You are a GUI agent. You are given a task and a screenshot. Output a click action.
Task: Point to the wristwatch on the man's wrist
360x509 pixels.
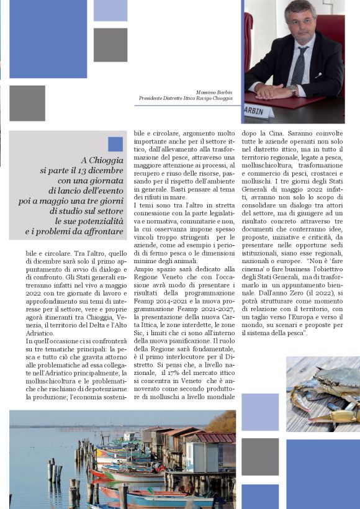coord(292,89)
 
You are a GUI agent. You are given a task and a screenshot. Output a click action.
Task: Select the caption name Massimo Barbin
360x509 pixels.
coord(214,92)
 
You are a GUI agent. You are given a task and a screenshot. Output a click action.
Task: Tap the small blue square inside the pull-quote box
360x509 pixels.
coord(115,144)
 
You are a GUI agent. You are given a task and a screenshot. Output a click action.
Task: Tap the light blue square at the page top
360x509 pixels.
coord(110,11)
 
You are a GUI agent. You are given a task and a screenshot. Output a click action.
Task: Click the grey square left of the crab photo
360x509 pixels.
coord(260,456)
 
